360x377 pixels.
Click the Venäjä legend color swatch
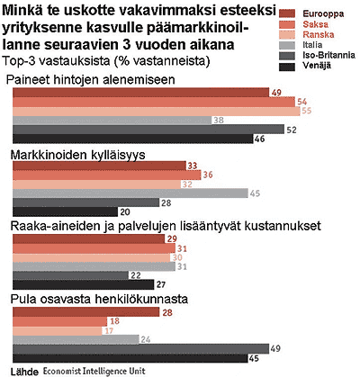pos(287,67)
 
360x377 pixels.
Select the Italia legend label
pos(312,45)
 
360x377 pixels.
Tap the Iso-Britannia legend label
pos(328,55)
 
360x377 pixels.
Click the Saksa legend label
pos(315,24)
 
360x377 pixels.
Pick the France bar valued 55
pos(157,112)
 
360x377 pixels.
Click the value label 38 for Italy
pos(218,121)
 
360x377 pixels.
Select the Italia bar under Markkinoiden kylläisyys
pos(130,193)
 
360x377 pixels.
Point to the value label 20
pos(125,212)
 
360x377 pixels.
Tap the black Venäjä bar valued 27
pos(84,284)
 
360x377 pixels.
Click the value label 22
pos(136,275)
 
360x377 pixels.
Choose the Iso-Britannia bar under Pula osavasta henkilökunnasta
pos(141,349)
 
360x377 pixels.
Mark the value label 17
pos(108,330)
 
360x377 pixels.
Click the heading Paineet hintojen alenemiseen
pos(90,80)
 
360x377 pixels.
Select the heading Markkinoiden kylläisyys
pos(77,155)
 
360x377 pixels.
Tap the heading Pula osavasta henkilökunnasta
pos(99,299)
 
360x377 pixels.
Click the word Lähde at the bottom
pos(24,372)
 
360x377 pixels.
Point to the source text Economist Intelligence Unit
pos(94,371)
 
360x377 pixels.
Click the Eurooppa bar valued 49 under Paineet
pos(140,93)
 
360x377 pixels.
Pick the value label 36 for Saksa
pos(208,175)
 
